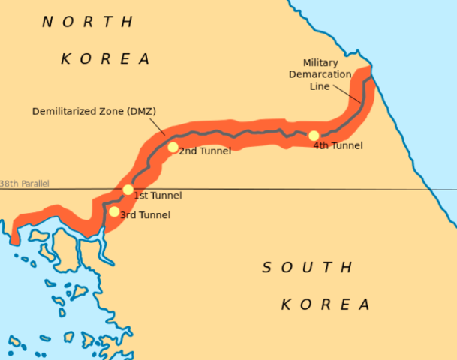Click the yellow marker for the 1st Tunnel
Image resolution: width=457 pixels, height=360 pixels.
coord(128,190)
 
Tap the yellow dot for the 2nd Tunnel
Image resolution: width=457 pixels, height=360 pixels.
coord(173,147)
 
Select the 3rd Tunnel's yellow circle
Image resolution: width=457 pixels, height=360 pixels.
coord(113,211)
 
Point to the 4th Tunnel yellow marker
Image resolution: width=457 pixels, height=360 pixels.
coord(314,136)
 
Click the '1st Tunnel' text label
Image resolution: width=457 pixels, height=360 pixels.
coord(158,196)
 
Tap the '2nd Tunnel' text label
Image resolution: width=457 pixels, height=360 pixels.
coord(205,151)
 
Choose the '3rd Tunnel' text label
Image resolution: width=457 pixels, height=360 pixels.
coord(145,215)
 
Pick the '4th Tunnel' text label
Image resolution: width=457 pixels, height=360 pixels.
coord(338,145)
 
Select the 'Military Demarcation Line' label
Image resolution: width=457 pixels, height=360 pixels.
coord(326,74)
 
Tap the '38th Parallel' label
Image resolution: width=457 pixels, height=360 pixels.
coord(25,184)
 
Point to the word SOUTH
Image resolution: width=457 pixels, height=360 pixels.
coord(307,267)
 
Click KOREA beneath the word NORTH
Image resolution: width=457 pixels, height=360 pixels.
coord(105,58)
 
